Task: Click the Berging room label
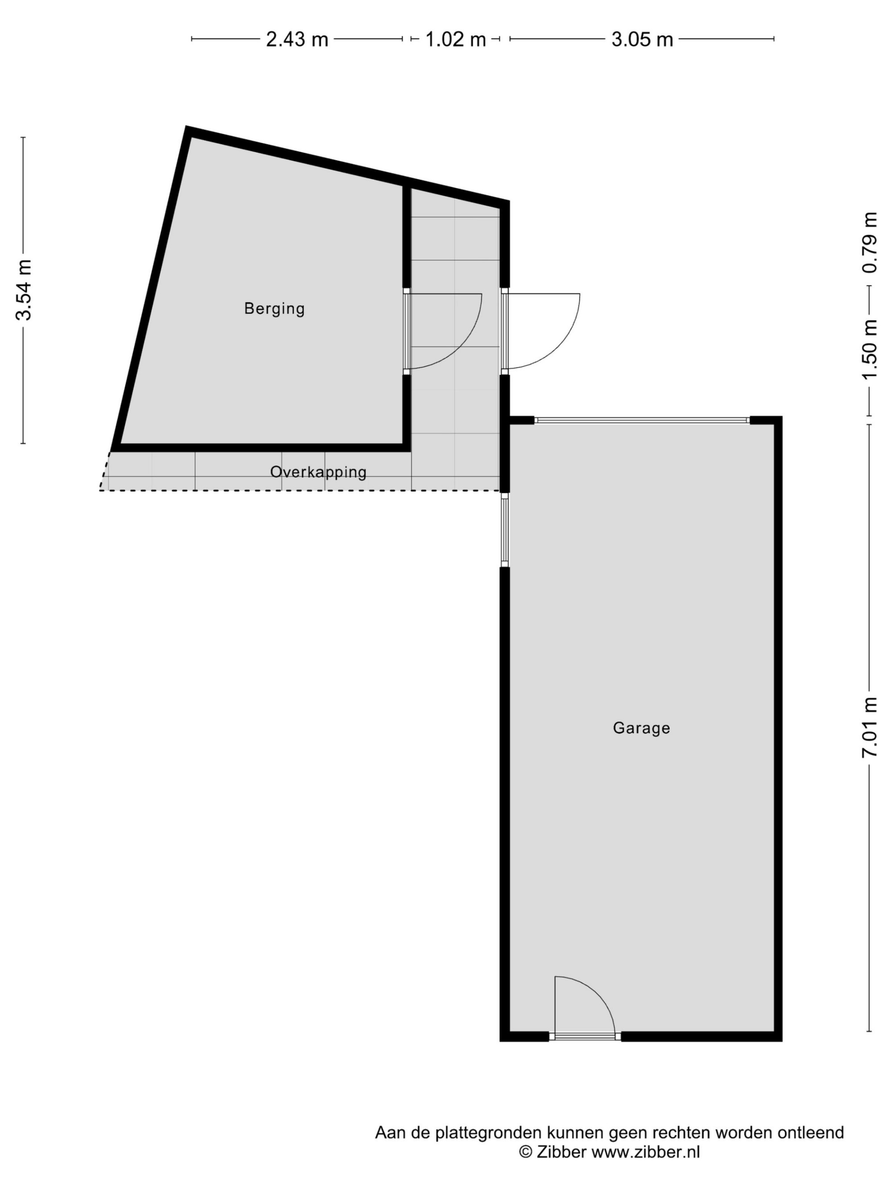click(x=274, y=309)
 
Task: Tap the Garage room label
click(x=641, y=728)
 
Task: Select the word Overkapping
click(x=318, y=472)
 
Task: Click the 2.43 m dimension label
click(x=297, y=39)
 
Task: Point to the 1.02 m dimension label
click(x=455, y=39)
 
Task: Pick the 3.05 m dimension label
click(x=642, y=39)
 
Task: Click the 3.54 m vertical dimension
click(x=24, y=290)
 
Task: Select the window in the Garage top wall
click(x=642, y=420)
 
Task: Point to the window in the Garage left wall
click(x=504, y=530)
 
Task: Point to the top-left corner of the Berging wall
click(x=186, y=127)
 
